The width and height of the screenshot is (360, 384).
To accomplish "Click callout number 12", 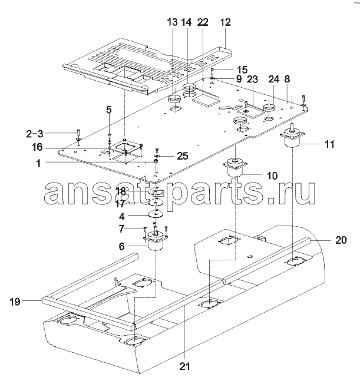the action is [x=225, y=22].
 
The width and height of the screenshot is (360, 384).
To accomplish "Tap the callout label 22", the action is [x=203, y=22].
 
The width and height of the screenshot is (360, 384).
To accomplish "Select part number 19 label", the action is [x=15, y=302].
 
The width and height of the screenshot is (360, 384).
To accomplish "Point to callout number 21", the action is [x=184, y=366].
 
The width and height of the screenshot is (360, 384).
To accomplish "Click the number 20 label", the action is [x=341, y=240].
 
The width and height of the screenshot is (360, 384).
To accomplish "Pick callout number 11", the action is [x=329, y=144].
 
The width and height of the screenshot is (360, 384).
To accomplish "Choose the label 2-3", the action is [x=35, y=134].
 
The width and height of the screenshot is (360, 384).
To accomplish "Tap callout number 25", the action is [x=183, y=155].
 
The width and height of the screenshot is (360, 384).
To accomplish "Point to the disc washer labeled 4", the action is [x=156, y=214].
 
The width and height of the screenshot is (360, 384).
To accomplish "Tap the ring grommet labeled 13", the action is [x=174, y=99].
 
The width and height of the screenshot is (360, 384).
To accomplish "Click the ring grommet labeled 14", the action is [x=189, y=87].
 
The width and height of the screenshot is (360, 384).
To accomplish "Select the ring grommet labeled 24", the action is [x=269, y=107].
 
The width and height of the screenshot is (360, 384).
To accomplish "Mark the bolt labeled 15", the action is [x=212, y=72].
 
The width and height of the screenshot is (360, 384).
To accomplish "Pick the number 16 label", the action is [x=37, y=147].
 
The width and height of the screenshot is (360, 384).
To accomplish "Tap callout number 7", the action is [x=121, y=229].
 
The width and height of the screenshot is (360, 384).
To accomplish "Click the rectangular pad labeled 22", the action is [x=206, y=100].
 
